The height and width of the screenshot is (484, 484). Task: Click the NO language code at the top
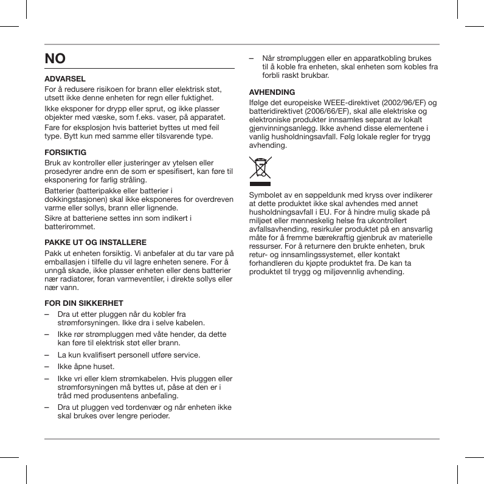(55, 59)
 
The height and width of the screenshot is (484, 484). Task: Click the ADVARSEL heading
(65, 79)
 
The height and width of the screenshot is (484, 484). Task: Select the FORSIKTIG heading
(66, 151)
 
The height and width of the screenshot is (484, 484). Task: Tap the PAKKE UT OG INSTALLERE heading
(95, 242)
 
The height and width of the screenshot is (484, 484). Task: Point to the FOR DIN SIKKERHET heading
(84, 303)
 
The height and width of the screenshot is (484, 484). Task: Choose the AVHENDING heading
(272, 92)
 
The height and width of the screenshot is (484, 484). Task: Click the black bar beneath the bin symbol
(260, 183)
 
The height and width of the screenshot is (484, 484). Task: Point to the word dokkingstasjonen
(78, 199)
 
